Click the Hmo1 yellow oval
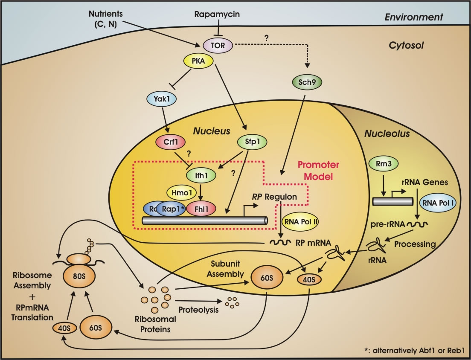(180, 193)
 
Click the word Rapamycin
(217, 14)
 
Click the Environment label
(414, 17)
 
